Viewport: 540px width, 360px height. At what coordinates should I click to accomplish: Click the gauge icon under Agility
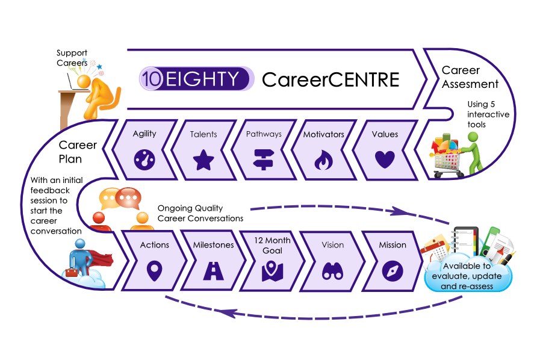(145, 160)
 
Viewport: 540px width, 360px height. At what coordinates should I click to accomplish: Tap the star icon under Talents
(203, 161)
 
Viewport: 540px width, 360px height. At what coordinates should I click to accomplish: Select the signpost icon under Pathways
(263, 161)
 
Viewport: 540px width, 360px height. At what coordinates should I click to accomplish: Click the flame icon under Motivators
(323, 161)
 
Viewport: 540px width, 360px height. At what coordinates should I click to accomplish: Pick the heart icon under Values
(383, 160)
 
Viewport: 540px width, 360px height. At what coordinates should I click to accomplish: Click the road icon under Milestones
(214, 271)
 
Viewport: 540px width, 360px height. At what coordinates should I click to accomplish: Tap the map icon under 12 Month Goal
(272, 271)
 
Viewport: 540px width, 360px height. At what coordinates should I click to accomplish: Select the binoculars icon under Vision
(333, 271)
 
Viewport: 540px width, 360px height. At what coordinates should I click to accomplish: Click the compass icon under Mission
(392, 271)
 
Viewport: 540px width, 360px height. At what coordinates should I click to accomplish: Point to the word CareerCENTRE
(330, 79)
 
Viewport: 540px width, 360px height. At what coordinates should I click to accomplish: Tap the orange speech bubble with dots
(128, 196)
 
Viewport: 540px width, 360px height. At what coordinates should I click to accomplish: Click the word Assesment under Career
(470, 84)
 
